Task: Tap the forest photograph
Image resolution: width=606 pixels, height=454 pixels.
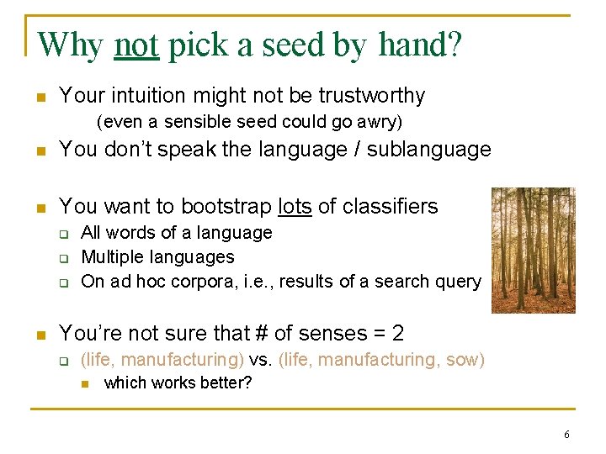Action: (x=533, y=250)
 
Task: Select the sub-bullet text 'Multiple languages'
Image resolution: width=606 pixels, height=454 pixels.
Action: (x=157, y=256)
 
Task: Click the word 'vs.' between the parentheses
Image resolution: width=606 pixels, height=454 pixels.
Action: (x=261, y=360)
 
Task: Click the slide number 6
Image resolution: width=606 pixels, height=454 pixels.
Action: (x=566, y=435)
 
